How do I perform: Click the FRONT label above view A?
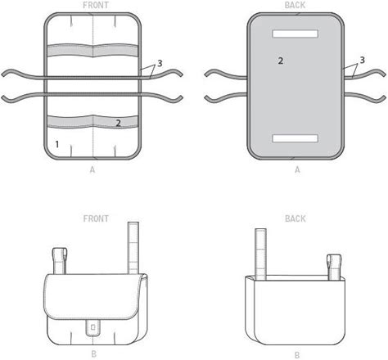96,5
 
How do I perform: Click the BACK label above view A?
295,5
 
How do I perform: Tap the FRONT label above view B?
96,218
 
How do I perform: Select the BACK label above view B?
296,218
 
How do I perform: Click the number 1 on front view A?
57,144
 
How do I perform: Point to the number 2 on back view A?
281,61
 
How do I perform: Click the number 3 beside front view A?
160,63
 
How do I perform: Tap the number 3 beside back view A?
362,60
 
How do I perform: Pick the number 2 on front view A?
118,123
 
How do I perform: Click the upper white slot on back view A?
296,34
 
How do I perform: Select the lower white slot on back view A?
296,138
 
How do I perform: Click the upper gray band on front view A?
92,51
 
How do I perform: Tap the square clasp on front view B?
92,326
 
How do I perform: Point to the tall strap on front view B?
133,248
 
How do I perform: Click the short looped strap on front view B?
60,260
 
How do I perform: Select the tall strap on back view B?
260,254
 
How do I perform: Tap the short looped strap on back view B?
334,267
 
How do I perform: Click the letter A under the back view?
297,170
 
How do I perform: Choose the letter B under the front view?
93,354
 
